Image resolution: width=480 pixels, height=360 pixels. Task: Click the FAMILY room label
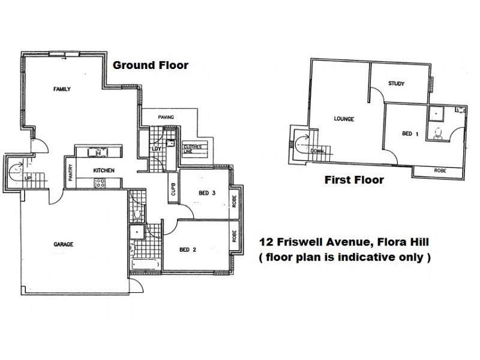click(62, 89)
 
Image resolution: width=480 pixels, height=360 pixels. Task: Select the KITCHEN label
click(104, 171)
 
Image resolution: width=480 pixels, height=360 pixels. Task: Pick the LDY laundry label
click(156, 148)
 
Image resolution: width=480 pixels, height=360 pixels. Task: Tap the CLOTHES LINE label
click(192, 148)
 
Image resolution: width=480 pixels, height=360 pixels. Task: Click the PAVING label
click(166, 117)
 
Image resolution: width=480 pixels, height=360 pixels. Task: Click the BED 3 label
click(207, 193)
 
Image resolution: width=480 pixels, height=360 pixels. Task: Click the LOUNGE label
click(344, 119)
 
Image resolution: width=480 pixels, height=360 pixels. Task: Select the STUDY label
click(397, 83)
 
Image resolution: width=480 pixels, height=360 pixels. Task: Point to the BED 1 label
click(410, 133)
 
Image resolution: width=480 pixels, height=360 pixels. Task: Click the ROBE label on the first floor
click(440, 171)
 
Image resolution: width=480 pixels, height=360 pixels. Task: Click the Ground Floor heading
click(151, 65)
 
